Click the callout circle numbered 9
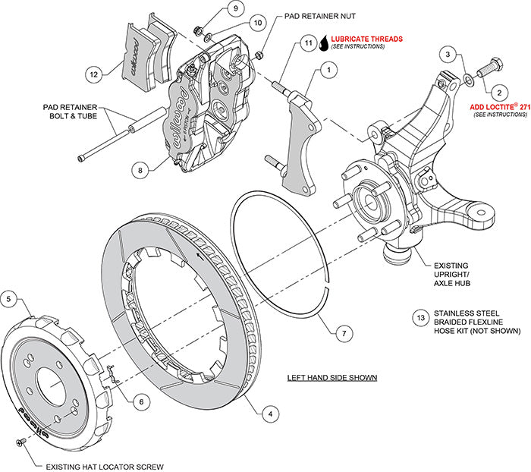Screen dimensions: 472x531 pyautogui.click(x=213, y=9)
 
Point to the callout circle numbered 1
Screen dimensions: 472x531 pyautogui.click(x=328, y=71)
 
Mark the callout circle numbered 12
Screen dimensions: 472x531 pyautogui.click(x=93, y=74)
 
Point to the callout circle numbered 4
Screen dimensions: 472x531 pyautogui.click(x=267, y=414)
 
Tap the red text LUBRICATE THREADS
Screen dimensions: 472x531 pyautogui.click(x=366, y=38)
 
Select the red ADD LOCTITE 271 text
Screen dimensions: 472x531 pyautogui.click(x=498, y=108)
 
